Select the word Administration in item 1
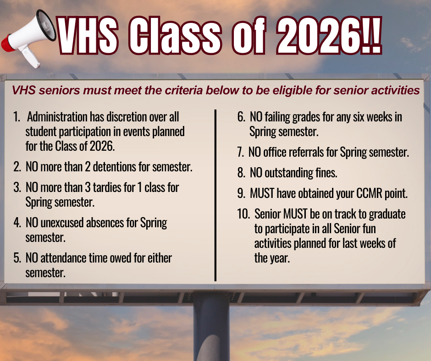point(59,117)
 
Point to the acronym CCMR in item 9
point(370,193)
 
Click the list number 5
point(17,258)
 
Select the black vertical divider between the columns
point(215,195)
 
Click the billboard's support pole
point(211,328)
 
